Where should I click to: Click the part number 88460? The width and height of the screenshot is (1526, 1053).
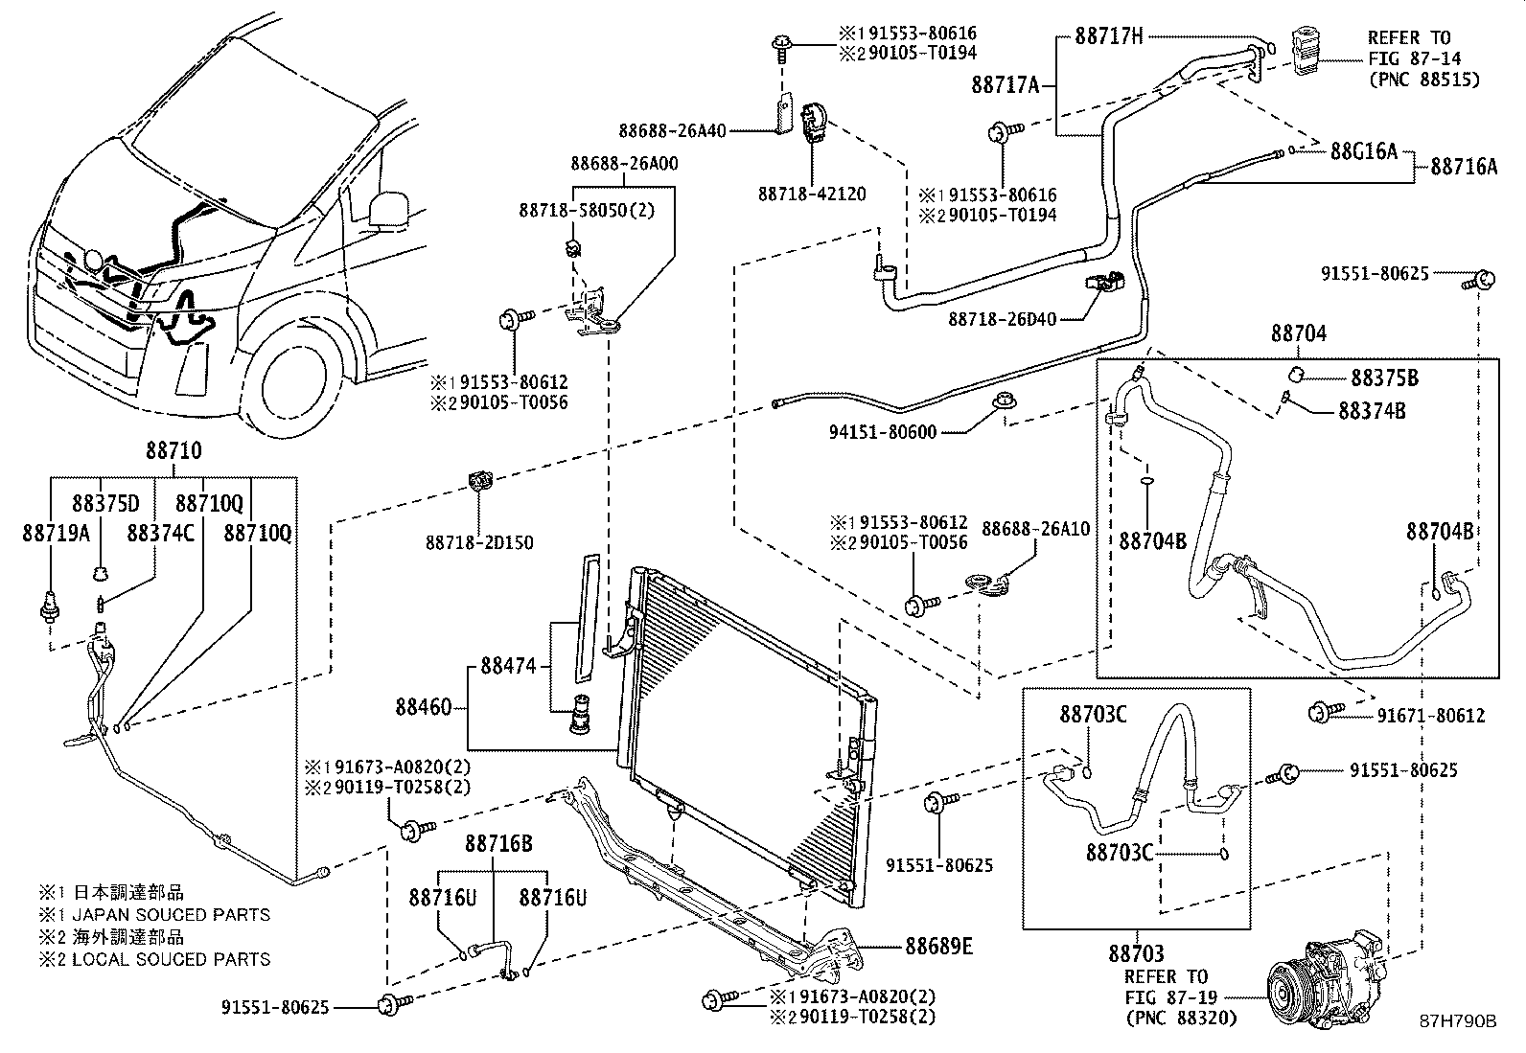tap(424, 708)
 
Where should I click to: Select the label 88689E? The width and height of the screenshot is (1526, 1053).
tap(938, 948)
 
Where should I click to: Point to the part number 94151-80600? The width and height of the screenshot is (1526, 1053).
tap(883, 433)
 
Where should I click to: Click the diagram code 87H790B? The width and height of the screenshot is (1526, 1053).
tap(1458, 1021)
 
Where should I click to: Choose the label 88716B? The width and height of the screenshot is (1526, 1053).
tap(498, 844)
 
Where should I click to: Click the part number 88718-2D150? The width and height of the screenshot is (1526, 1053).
tap(479, 543)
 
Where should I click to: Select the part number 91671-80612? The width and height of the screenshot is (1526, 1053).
tap(1431, 715)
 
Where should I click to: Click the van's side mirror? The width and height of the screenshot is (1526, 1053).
tap(386, 209)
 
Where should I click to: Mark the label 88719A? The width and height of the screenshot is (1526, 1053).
tap(56, 533)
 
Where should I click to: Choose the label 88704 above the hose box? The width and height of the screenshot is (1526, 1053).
tap(1299, 333)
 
